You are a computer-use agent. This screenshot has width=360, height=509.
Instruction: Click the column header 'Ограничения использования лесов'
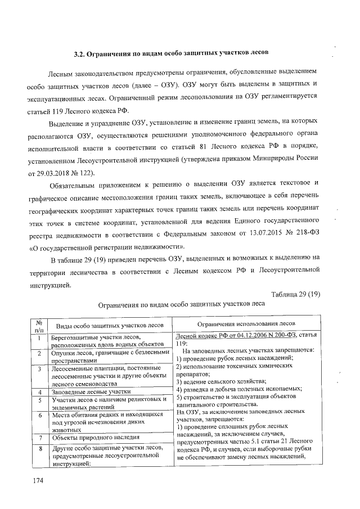[247, 324]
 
